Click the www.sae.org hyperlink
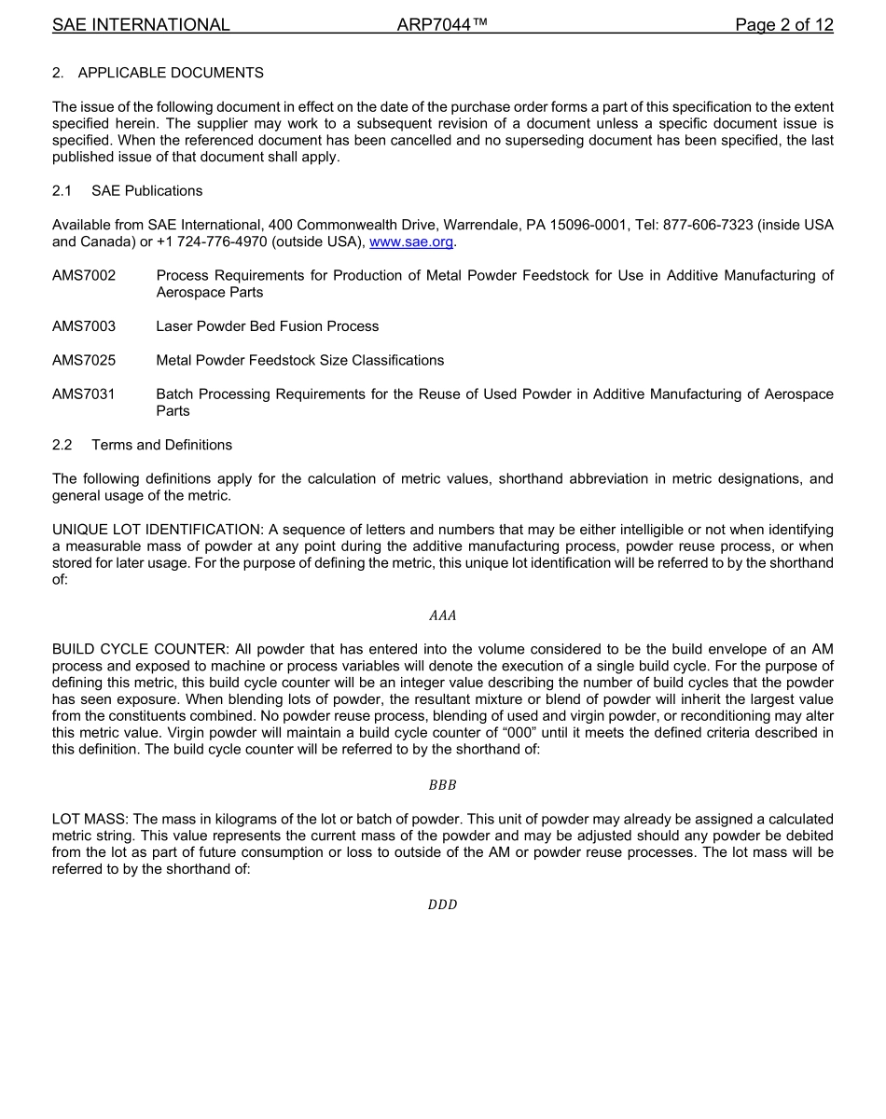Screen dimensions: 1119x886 tap(411, 242)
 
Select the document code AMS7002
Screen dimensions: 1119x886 tap(84, 276)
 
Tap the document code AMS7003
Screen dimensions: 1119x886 tap(84, 326)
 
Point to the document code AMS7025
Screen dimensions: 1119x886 tap(84, 360)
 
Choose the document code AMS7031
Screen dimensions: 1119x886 tap(84, 394)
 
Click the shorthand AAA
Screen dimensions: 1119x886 tap(442, 615)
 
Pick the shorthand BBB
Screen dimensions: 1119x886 tap(442, 785)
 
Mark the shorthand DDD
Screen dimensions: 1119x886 tap(442, 905)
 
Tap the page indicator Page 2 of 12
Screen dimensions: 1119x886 tap(783, 25)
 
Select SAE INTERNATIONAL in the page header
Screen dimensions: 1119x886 tap(141, 25)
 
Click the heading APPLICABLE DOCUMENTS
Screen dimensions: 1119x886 tap(171, 73)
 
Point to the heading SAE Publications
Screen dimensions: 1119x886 tap(146, 191)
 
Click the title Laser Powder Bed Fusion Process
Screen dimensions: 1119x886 tap(268, 326)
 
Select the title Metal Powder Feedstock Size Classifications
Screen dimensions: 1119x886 tap(300, 360)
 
